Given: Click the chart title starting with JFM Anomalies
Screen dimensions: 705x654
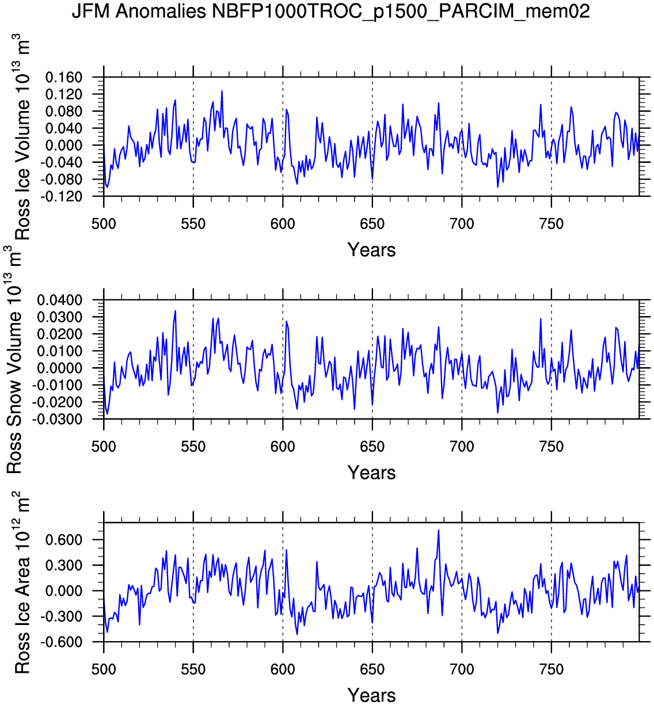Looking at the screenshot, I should (330, 11).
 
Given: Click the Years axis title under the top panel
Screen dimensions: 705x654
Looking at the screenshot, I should (371, 250).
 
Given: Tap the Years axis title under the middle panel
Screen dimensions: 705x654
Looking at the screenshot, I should (371, 472).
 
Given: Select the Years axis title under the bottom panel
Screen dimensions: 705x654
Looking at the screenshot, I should (371, 695).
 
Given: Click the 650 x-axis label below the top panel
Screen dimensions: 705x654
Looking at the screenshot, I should (372, 224).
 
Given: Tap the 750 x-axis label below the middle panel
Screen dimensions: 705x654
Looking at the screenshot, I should (552, 447).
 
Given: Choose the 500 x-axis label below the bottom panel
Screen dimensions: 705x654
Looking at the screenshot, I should (104, 669).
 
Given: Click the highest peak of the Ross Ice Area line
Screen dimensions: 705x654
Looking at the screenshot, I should (439, 530).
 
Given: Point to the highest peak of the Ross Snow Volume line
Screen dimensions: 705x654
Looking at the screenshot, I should (175, 311).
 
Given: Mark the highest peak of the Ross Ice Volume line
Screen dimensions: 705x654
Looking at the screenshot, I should (222, 91).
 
